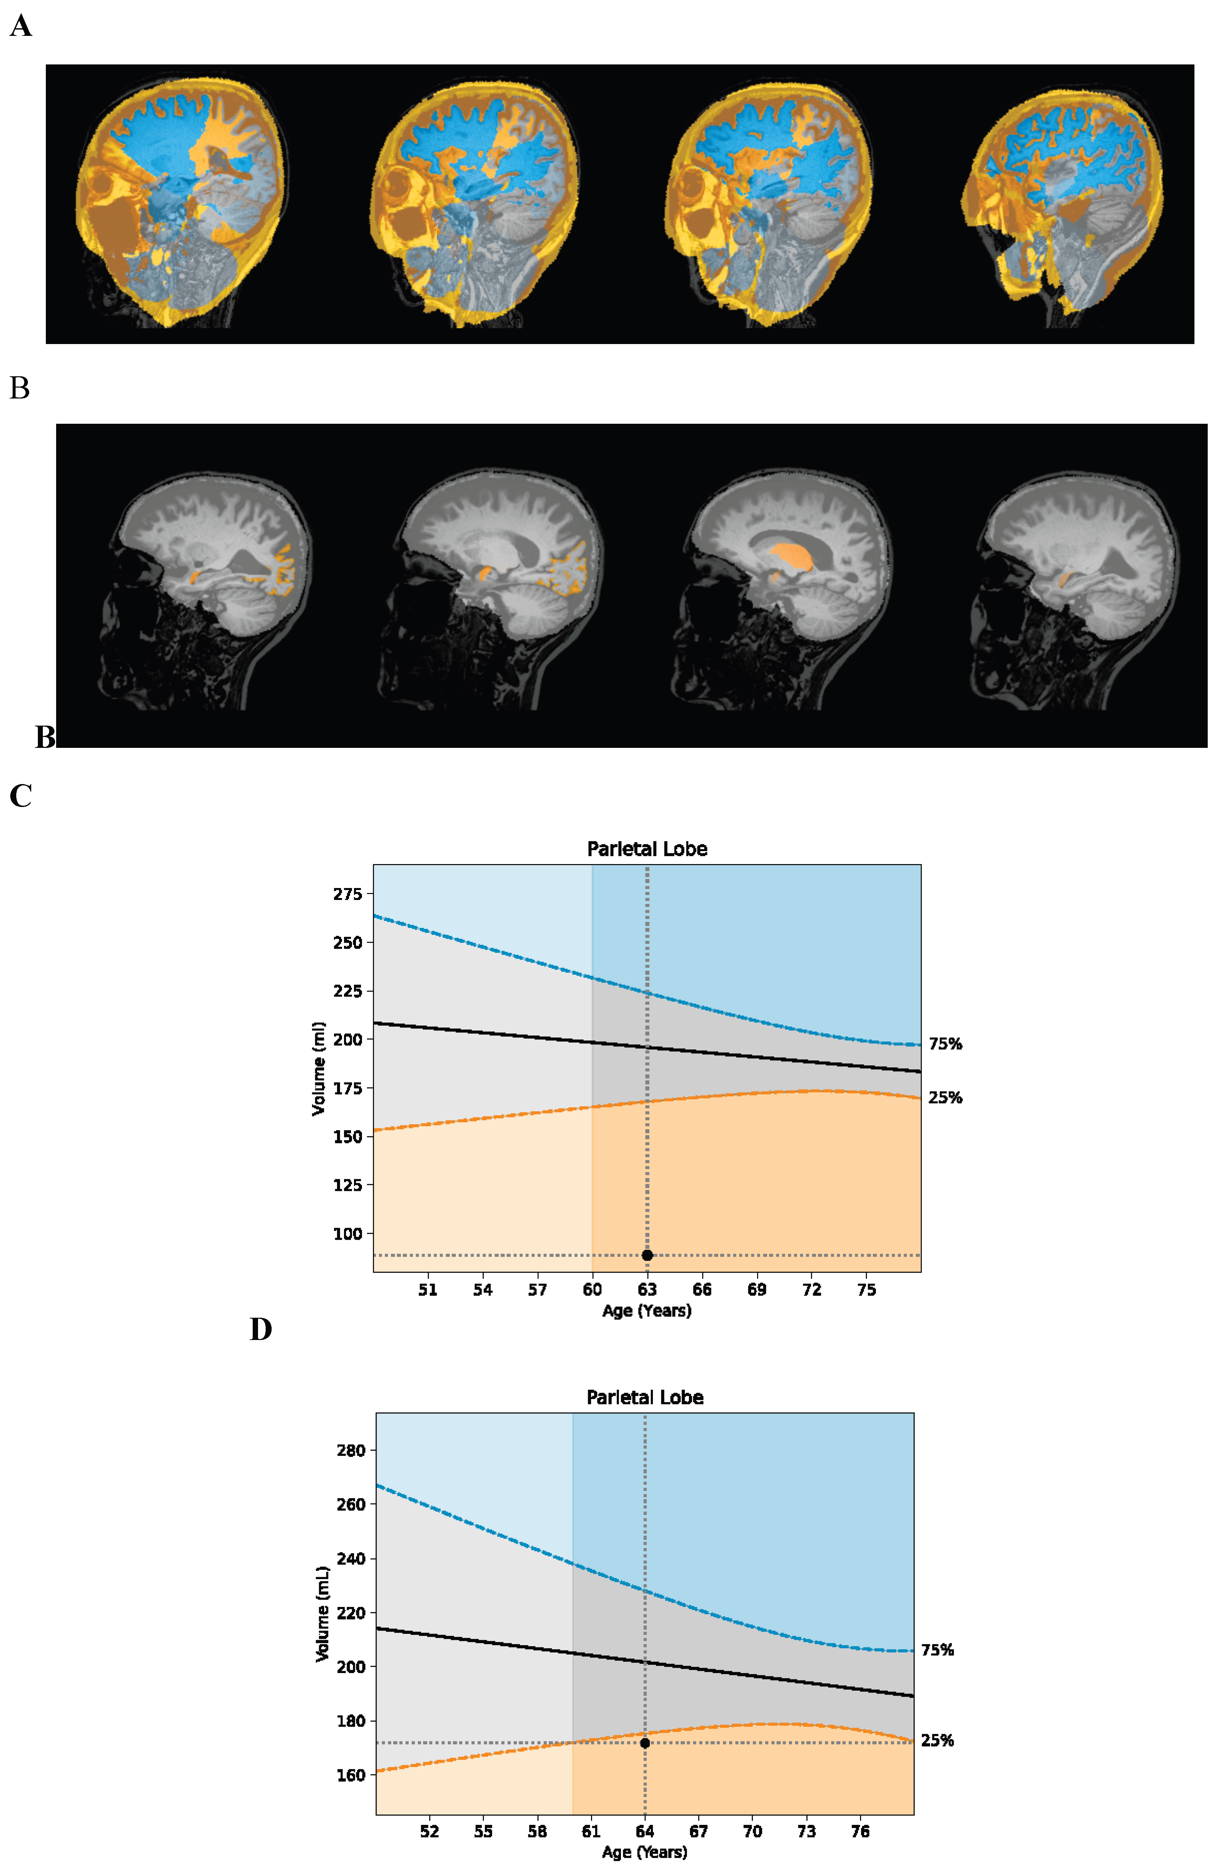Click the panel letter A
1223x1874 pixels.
21,26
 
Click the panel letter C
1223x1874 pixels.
21,796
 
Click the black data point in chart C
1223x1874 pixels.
647,1255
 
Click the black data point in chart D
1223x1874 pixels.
645,1742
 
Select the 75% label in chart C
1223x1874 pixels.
945,1044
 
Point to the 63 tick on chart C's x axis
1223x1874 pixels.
647,1290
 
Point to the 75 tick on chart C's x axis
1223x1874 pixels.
866,1290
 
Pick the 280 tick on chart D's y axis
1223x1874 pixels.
351,1450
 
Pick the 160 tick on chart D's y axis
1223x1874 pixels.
351,1775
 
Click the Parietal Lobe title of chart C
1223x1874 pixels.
647,849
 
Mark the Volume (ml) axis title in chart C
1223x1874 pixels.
319,1068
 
